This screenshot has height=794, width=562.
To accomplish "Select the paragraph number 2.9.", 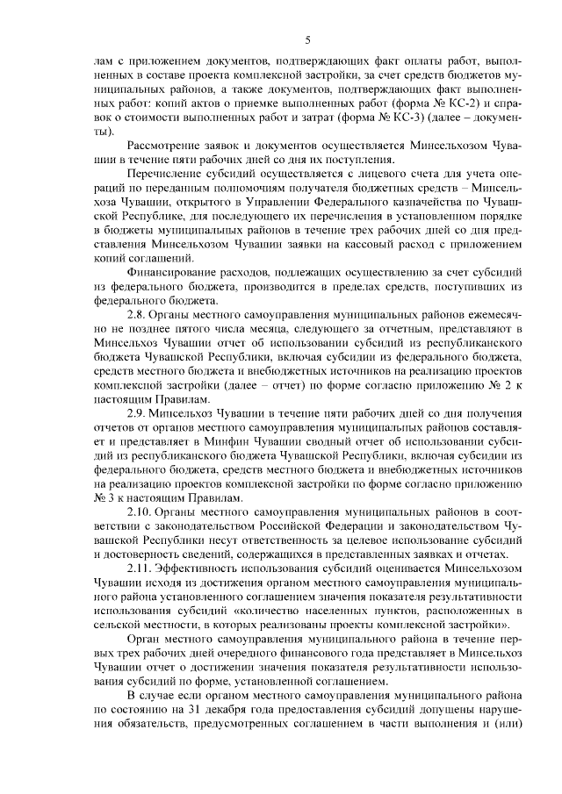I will point(138,411).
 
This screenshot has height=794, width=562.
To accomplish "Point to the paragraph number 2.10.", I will point(140,511).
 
